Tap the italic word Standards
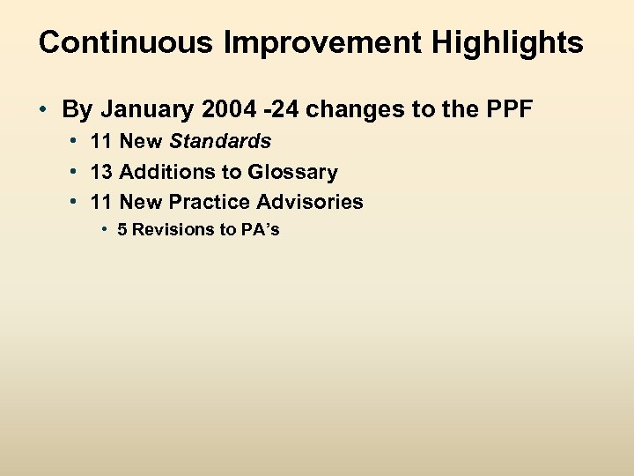(x=220, y=141)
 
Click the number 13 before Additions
(x=101, y=172)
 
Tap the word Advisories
(x=309, y=202)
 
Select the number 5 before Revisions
(x=122, y=230)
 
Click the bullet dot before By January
(x=43, y=110)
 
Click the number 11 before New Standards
(x=101, y=141)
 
